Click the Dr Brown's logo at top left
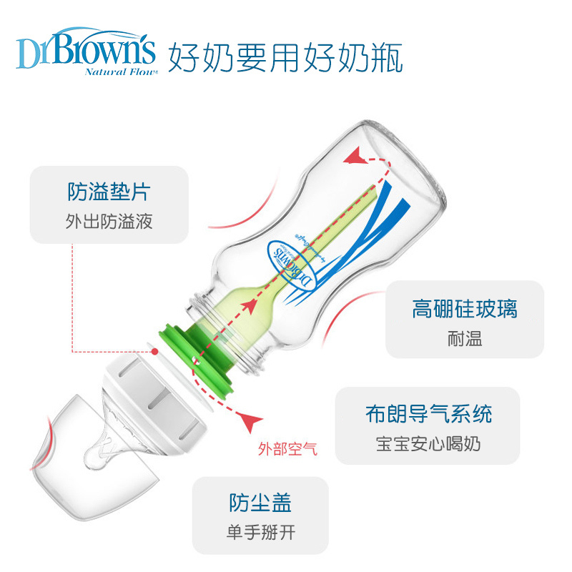(85, 49)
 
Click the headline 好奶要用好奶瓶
(285, 57)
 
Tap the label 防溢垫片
(109, 192)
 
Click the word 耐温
(464, 338)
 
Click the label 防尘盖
(260, 503)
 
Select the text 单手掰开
(260, 533)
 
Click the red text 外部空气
(287, 450)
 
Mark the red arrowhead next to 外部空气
(250, 421)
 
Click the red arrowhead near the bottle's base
(353, 155)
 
